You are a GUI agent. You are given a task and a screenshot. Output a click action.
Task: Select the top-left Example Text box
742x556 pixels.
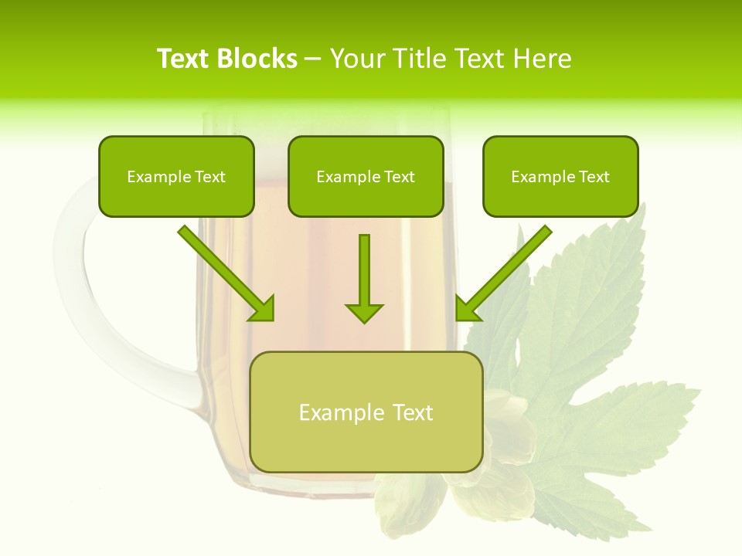(176, 176)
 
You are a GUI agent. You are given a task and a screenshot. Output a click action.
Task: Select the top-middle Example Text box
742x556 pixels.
(366, 176)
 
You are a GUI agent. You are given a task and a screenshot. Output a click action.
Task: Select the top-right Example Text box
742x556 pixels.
(560, 176)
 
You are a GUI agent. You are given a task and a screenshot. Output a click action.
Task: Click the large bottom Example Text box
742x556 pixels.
(366, 412)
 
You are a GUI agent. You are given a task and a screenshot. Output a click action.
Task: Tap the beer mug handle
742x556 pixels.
(85, 309)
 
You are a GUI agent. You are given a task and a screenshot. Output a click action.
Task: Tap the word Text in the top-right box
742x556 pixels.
(594, 177)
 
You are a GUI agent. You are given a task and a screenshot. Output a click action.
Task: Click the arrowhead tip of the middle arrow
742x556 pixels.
(364, 320)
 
